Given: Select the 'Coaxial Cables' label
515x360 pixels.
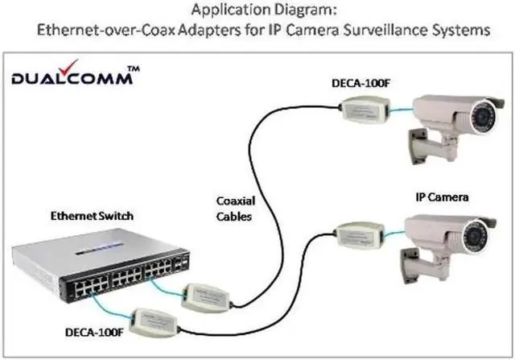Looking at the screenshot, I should coord(236,209).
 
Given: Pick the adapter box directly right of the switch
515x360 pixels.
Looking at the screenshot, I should coord(207,296).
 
